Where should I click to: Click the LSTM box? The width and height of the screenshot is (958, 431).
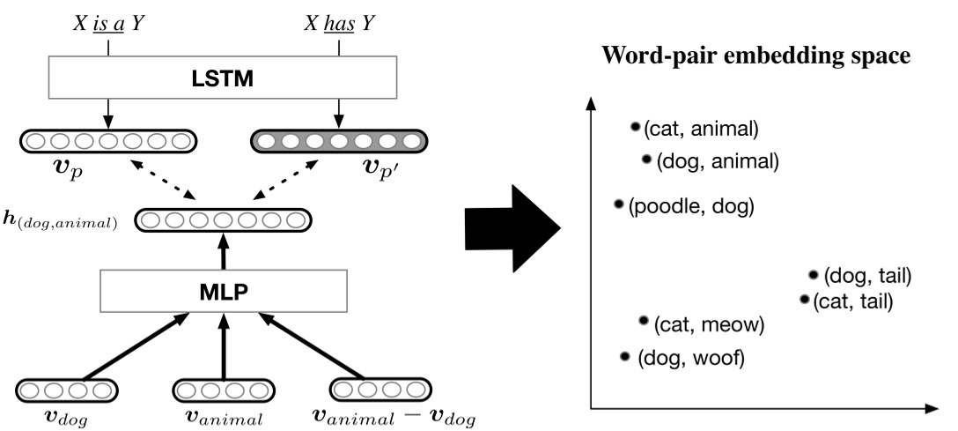[x=223, y=78]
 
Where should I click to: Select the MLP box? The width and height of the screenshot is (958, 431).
[x=224, y=291]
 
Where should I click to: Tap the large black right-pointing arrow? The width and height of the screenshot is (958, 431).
[x=512, y=228]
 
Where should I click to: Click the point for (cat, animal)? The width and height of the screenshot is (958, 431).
[x=636, y=127]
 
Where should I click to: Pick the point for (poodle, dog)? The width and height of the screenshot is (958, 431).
[x=619, y=204]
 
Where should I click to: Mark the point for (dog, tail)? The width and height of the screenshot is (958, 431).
[x=814, y=275]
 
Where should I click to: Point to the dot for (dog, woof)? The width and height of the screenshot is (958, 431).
[x=624, y=356]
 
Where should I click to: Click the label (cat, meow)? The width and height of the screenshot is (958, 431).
[x=709, y=324]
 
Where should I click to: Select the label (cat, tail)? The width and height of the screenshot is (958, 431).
[x=853, y=301]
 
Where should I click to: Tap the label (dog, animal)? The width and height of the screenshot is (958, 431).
[x=718, y=162]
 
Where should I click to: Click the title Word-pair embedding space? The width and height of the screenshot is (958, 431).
[x=756, y=56]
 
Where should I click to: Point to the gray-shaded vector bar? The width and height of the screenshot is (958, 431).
[x=339, y=141]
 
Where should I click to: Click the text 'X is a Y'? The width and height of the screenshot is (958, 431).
[x=108, y=24]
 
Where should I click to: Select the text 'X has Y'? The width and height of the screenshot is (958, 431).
[x=339, y=24]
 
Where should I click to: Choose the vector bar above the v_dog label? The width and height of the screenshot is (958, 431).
[x=66, y=390]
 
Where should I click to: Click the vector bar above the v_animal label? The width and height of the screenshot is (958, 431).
[x=223, y=390]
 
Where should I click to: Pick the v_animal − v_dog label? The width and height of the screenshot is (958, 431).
[x=394, y=418]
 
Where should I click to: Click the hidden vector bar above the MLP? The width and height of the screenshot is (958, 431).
[x=223, y=220]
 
